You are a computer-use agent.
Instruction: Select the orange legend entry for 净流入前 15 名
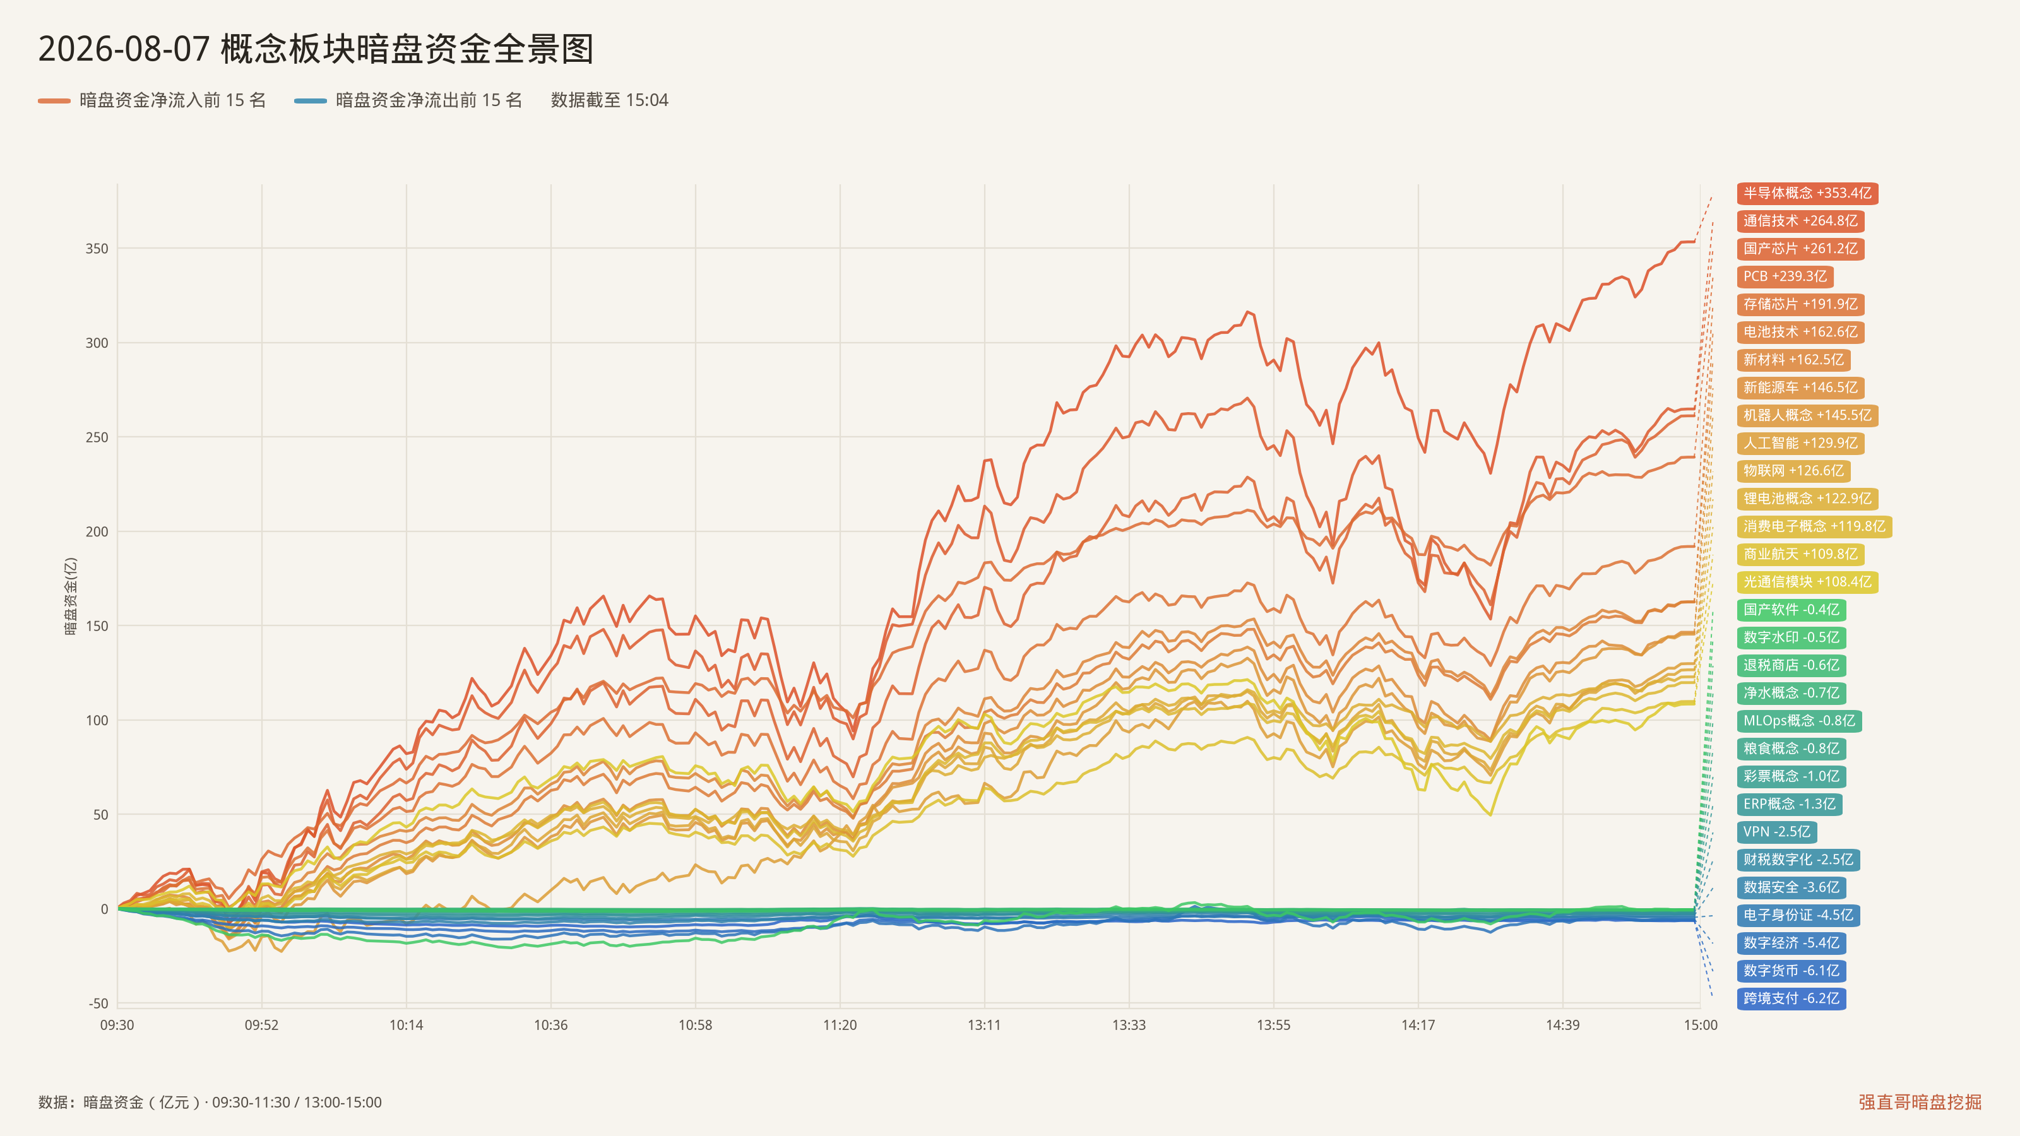point(152,100)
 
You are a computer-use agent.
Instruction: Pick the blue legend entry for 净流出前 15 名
point(408,100)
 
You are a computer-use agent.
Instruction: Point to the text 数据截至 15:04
point(609,100)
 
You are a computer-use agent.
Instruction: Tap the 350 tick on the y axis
point(97,249)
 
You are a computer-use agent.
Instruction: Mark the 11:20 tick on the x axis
point(840,1025)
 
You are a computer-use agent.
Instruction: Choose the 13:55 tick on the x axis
point(1273,1025)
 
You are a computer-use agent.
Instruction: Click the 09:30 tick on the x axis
point(117,1025)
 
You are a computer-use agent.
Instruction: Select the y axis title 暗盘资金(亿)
point(71,596)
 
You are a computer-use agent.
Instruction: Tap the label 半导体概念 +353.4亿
point(1807,193)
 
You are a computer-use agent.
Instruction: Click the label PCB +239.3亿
point(1785,276)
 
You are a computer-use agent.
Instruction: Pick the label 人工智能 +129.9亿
point(1800,443)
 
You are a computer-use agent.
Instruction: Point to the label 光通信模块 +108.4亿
point(1807,582)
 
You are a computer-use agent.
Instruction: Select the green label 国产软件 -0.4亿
point(1791,609)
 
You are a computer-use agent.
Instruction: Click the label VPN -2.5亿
point(1777,832)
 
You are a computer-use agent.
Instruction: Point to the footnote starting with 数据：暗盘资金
point(210,1103)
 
